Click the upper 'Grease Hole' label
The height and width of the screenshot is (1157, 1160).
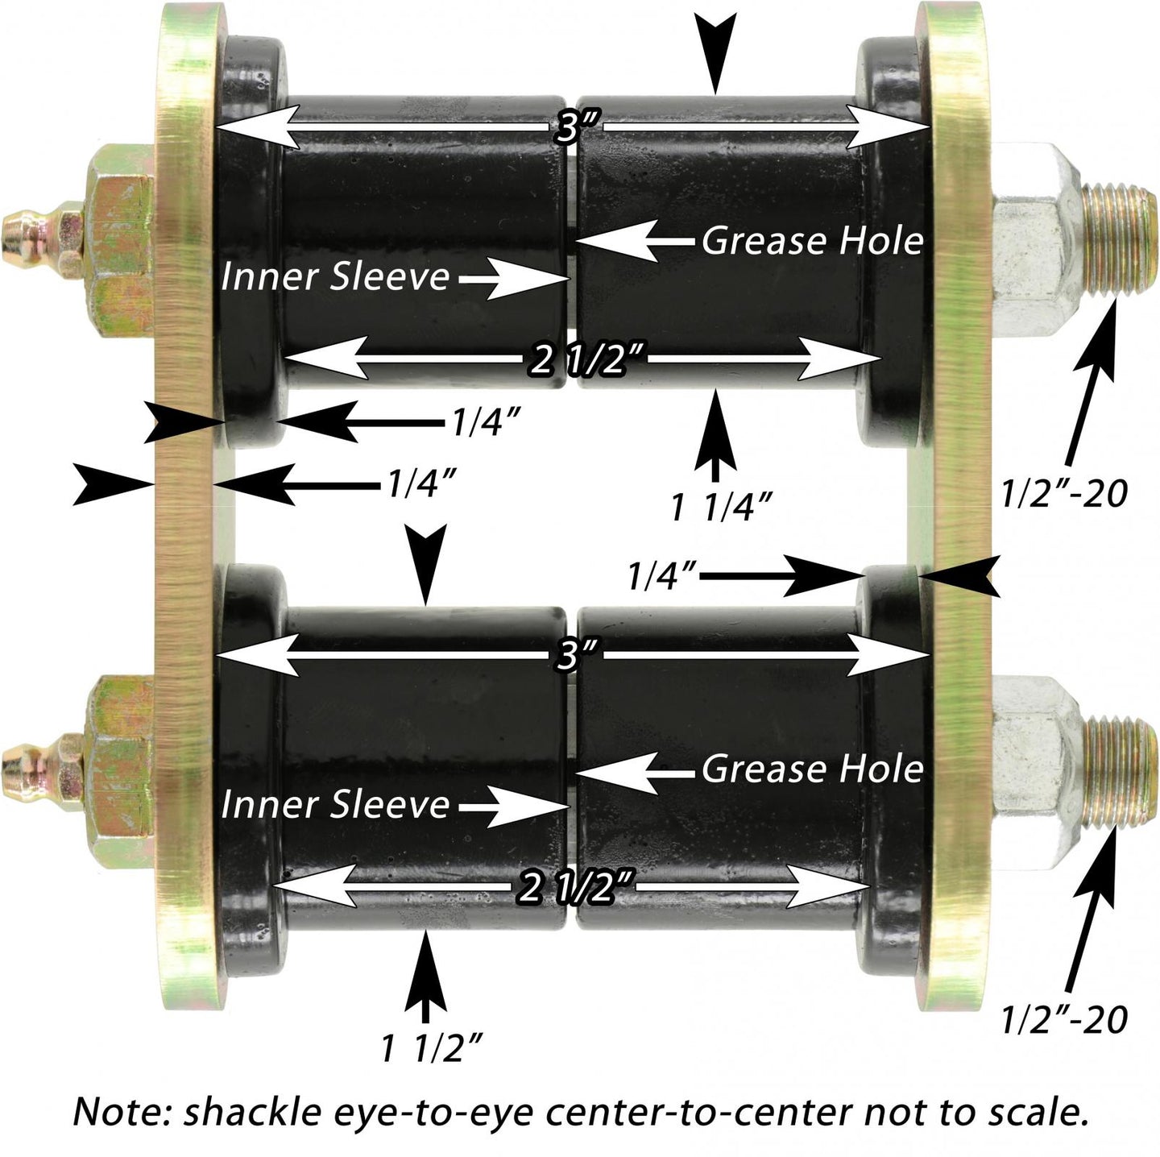click(812, 241)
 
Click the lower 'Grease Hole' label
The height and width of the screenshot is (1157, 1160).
click(812, 769)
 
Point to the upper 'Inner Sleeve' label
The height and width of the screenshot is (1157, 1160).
click(335, 276)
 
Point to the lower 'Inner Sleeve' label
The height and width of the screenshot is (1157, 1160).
click(335, 805)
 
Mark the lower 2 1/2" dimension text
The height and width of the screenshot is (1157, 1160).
click(572, 889)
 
